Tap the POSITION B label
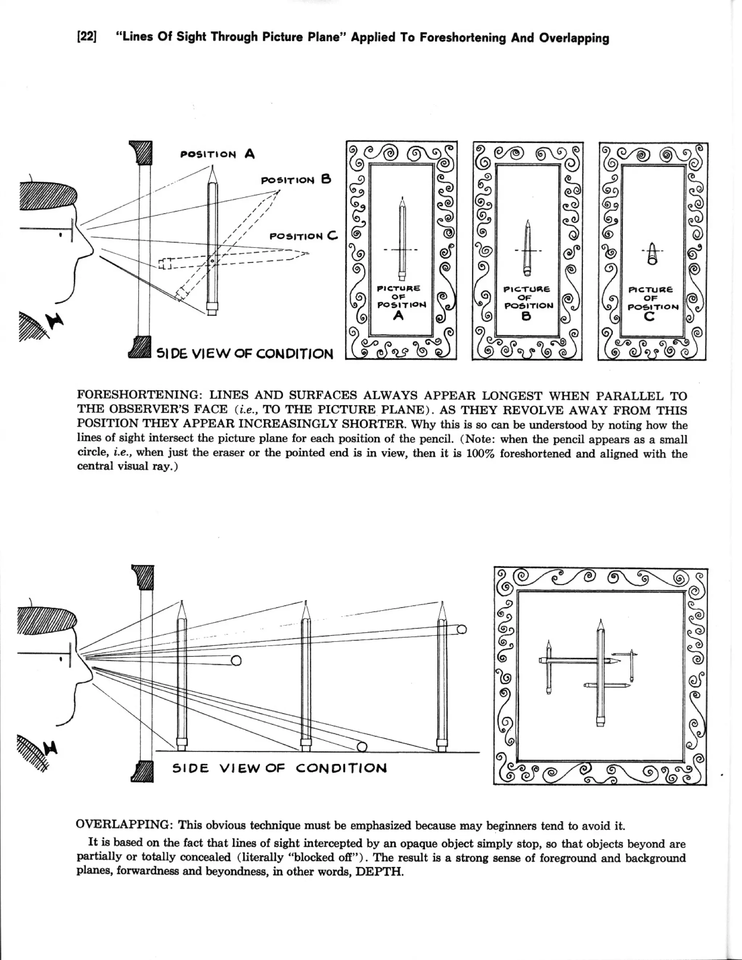pos(296,180)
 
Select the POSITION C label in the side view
pos(304,236)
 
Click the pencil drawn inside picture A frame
pos(402,239)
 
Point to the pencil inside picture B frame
pos(528,249)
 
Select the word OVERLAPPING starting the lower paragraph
pos(124,825)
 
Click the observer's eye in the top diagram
pos(60,235)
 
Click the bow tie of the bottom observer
pos(51,746)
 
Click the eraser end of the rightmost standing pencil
pos(442,745)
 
